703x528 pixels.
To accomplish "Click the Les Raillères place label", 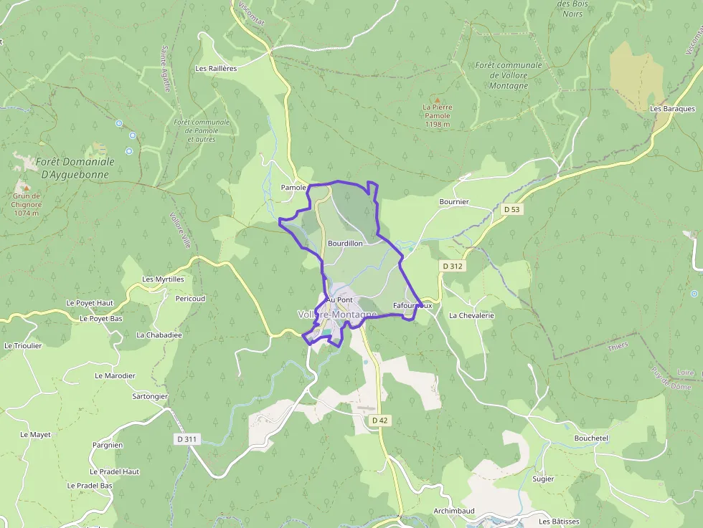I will [216, 69].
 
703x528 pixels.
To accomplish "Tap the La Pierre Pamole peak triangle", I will [437, 100].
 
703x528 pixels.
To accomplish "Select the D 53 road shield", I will [511, 209].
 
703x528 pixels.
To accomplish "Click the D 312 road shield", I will [453, 266].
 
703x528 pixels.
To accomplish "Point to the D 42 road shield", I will [380, 421].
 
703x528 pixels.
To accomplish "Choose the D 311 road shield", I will [186, 438].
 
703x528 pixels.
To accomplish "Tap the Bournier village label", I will [453, 202].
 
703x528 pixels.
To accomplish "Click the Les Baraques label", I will [672, 109].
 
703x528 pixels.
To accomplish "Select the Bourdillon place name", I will [345, 244].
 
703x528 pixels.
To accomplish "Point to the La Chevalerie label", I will [471, 315].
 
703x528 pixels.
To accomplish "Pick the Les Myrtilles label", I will [163, 279].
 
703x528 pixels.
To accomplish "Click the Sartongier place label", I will [150, 396].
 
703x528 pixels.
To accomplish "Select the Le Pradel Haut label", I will [114, 472].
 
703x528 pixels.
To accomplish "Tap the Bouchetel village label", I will [591, 438].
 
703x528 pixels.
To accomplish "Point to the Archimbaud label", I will [454, 511].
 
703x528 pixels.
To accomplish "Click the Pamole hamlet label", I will [293, 188].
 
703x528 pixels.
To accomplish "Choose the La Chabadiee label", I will [159, 335].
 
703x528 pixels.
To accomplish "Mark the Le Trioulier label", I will [23, 345].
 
